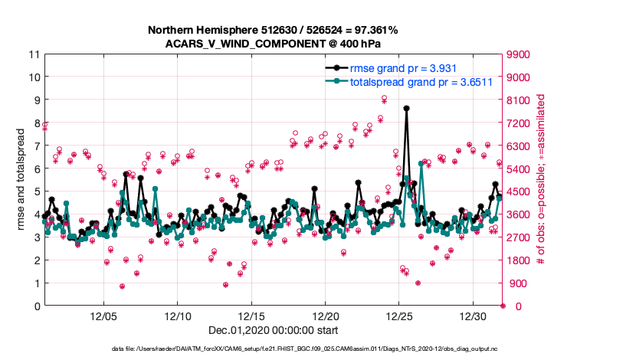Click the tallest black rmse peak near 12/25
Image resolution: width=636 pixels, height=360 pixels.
click(406, 108)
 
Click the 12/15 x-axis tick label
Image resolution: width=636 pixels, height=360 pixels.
click(252, 316)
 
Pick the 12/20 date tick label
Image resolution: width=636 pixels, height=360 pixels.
click(326, 316)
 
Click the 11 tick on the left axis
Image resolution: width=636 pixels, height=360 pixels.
click(33, 54)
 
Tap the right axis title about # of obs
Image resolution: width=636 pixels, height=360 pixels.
click(541, 180)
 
